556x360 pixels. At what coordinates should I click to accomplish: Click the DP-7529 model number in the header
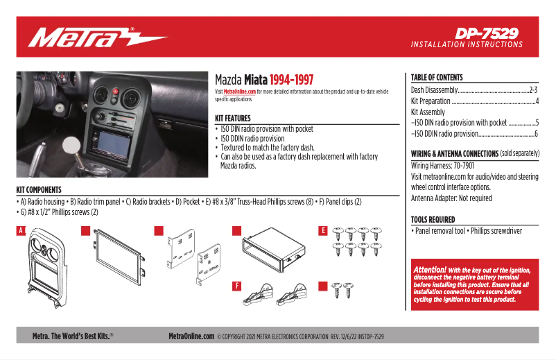tap(487, 33)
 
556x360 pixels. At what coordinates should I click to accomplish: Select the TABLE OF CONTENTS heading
tap(437, 78)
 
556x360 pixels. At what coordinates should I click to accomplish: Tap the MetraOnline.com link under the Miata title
tap(240, 92)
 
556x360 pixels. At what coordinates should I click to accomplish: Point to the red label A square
tap(22, 230)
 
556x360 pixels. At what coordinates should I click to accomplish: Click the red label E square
tap(322, 230)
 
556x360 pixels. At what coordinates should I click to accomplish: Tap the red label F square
tap(236, 285)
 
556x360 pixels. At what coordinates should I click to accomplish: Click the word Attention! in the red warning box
tap(430, 269)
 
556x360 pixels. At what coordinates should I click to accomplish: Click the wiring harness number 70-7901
tap(478, 166)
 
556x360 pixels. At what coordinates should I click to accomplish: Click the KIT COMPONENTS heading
tap(39, 189)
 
